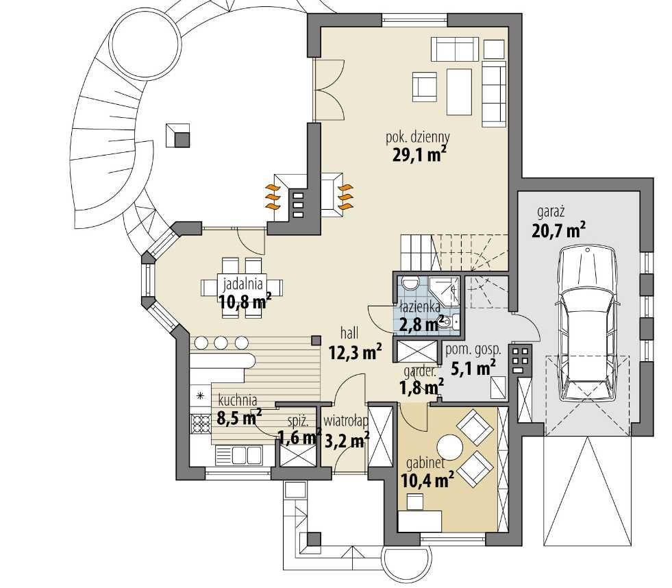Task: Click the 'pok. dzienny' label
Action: click(418, 138)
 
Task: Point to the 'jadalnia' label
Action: click(242, 283)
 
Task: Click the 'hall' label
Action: click(349, 332)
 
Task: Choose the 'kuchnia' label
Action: click(238, 401)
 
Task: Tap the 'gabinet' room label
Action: click(425, 463)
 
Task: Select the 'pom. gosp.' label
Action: click(473, 350)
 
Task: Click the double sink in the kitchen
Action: click(238, 454)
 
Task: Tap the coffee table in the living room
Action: click(459, 93)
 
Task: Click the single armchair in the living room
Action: click(425, 87)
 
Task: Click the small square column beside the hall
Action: click(316, 340)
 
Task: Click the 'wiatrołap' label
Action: click(345, 422)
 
